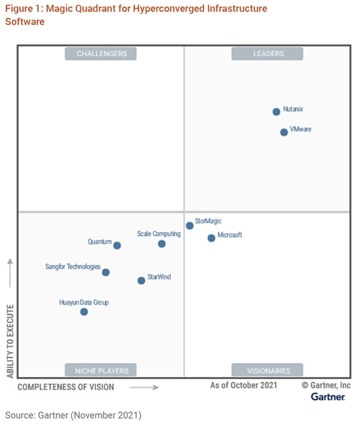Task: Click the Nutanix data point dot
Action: pyautogui.click(x=276, y=112)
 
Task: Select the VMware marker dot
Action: pyautogui.click(x=284, y=132)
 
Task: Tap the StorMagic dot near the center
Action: pyautogui.click(x=189, y=226)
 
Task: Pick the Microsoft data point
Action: pyautogui.click(x=211, y=238)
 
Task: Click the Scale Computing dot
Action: pyautogui.click(x=161, y=244)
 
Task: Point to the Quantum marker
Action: pyautogui.click(x=117, y=245)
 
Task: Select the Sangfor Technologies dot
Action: pyautogui.click(x=105, y=272)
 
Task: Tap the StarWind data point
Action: pyautogui.click(x=141, y=281)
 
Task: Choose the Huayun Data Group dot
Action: pyautogui.click(x=84, y=312)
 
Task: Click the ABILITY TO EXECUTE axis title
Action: pyautogui.click(x=10, y=341)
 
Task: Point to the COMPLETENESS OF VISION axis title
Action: pyautogui.click(x=66, y=387)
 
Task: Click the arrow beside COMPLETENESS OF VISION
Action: pyautogui.click(x=144, y=387)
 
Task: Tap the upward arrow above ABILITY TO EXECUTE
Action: pyautogui.click(x=10, y=273)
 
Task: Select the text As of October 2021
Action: pyautogui.click(x=243, y=385)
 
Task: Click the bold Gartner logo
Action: pyautogui.click(x=328, y=397)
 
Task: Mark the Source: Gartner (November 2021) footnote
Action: pyautogui.click(x=73, y=415)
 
